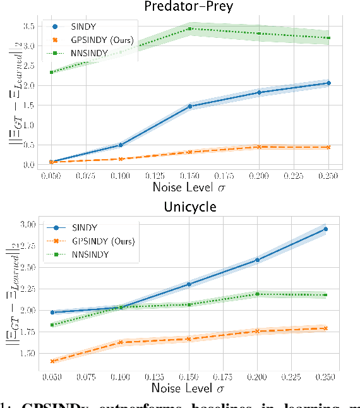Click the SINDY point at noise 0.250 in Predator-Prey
click(328, 83)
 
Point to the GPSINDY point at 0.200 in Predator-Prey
click(259, 147)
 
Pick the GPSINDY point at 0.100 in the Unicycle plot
click(120, 342)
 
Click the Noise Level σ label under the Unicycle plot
click(189, 387)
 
